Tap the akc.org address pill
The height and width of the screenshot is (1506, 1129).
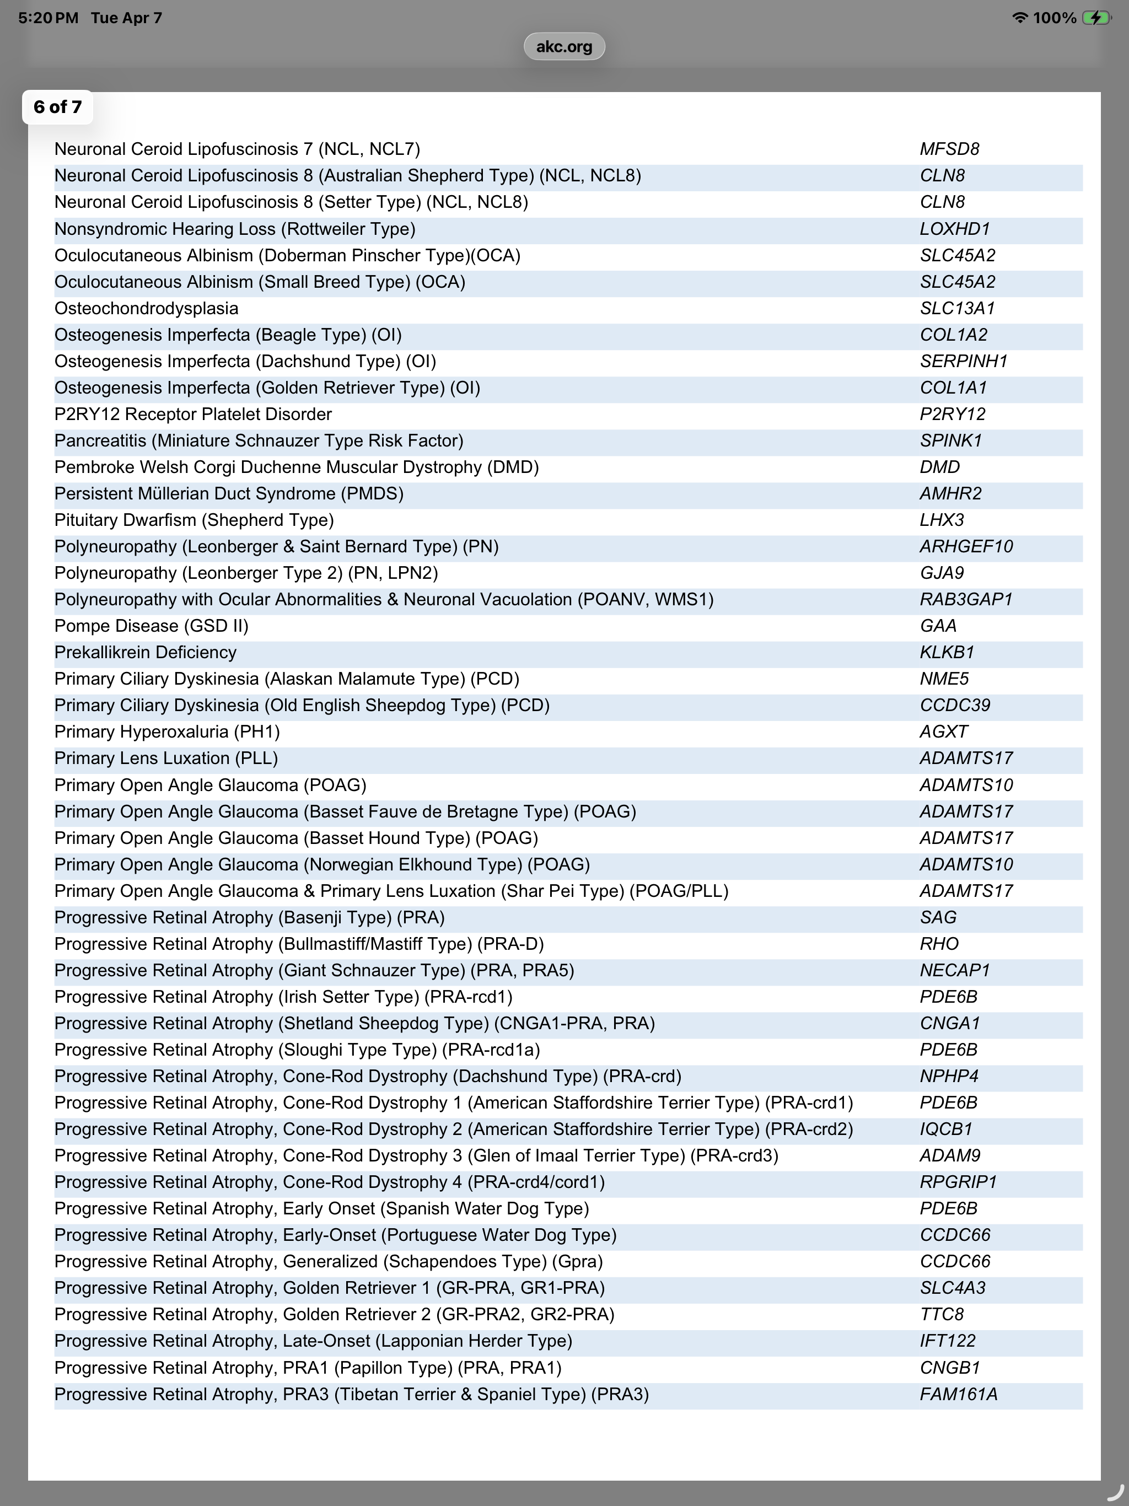tap(564, 46)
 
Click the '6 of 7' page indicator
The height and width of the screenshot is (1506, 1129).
tap(58, 107)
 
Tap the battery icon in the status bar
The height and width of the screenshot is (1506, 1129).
tap(1096, 18)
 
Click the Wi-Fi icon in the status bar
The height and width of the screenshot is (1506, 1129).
tap(1019, 18)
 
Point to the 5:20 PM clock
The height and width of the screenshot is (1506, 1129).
tap(47, 18)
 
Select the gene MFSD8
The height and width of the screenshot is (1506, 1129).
tap(949, 149)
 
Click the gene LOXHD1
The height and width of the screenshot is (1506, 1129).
tap(955, 229)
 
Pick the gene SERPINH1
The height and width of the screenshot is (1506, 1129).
tap(963, 361)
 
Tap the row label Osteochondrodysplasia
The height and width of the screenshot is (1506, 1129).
tap(147, 308)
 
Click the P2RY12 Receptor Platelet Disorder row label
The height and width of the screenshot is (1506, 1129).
tap(193, 414)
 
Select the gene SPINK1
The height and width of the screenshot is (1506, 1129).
tap(950, 440)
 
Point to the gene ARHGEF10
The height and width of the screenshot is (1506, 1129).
tap(966, 546)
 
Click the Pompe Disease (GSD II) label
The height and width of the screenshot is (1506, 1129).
tap(151, 626)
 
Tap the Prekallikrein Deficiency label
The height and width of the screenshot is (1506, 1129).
tap(145, 652)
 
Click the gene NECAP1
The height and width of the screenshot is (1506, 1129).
tap(955, 970)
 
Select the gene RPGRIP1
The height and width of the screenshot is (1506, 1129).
tap(958, 1182)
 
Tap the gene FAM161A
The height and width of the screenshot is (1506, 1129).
tap(958, 1394)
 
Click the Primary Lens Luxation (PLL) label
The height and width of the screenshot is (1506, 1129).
tap(166, 758)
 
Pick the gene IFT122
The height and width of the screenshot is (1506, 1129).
tap(947, 1341)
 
